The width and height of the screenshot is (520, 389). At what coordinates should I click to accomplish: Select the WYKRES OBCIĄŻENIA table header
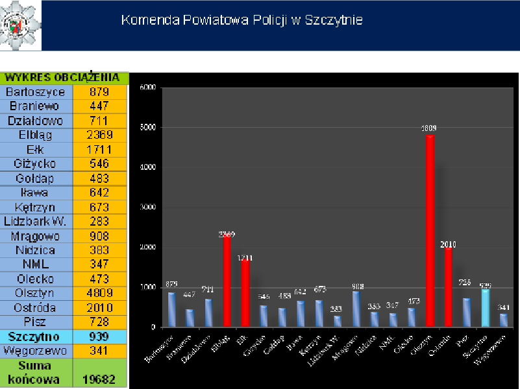tap(64, 78)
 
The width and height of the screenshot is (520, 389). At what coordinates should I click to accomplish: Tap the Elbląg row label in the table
tap(36, 135)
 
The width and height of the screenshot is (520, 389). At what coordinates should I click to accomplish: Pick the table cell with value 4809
tap(100, 293)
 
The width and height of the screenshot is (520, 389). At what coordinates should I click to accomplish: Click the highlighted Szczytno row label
tap(36, 336)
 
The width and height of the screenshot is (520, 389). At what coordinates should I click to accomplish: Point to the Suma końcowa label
tap(36, 373)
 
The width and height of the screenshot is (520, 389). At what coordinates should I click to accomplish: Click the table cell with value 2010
tap(100, 307)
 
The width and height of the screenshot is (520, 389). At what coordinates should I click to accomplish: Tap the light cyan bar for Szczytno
tap(486, 307)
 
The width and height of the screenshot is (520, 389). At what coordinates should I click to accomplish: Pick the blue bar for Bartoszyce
tap(172, 309)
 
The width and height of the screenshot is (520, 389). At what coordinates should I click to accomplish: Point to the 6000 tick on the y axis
tap(149, 88)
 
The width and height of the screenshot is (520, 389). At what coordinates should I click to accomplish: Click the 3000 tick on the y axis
tap(149, 207)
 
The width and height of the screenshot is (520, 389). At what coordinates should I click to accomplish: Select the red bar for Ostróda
tap(448, 287)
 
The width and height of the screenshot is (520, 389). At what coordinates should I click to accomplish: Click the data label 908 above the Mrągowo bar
tap(356, 286)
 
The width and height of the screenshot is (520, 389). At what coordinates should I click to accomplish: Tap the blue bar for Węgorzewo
tap(504, 320)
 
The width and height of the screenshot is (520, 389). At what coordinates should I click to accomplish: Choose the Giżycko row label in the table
tap(36, 164)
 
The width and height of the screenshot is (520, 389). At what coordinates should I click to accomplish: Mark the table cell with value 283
tap(100, 221)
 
